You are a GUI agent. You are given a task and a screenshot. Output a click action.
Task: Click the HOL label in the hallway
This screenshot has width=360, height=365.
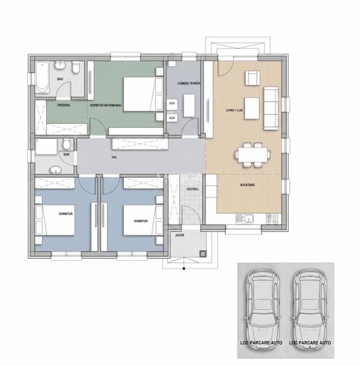click(x=114, y=157)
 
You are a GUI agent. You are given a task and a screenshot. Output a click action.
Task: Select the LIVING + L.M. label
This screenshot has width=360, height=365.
click(x=234, y=110)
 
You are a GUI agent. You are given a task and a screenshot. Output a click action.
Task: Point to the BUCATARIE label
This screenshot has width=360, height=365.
click(x=246, y=185)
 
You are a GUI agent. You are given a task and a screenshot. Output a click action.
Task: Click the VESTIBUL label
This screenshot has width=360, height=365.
click(x=192, y=188)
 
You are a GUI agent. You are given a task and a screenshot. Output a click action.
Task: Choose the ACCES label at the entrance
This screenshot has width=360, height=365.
click(x=180, y=235)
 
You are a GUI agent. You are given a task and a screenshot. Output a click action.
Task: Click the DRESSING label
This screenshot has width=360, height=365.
click(x=64, y=104)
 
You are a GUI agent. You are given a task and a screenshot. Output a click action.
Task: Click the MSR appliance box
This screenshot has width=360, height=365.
click(x=173, y=104)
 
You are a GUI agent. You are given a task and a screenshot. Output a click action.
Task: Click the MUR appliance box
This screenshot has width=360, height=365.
click(x=173, y=118)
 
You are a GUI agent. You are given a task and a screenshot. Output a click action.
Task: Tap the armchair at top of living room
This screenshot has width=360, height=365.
click(x=251, y=78)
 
